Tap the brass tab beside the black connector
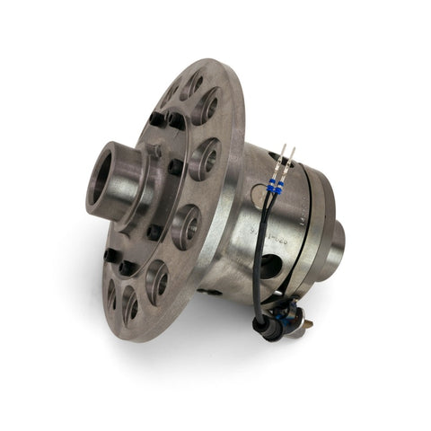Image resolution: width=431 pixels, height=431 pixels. click(x=303, y=316)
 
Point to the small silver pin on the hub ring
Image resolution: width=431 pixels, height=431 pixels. click(x=156, y=153)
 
